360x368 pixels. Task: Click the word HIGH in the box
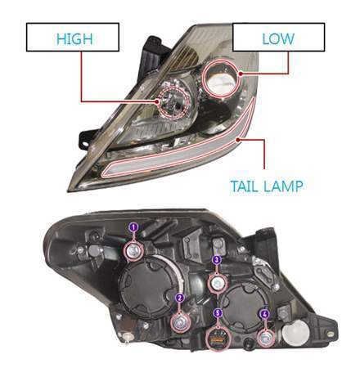(x=74, y=38)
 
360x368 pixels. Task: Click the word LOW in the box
(x=278, y=38)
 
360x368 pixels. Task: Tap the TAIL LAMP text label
(x=267, y=186)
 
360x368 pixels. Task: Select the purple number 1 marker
(x=133, y=227)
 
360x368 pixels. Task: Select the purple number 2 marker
(x=179, y=298)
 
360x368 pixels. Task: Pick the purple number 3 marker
(x=217, y=260)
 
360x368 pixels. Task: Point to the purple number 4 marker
(x=264, y=314)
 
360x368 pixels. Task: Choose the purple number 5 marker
(x=218, y=313)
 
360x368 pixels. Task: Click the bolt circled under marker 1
(x=134, y=251)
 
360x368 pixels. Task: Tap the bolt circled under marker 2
(x=181, y=323)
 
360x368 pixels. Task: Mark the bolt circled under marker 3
(x=218, y=285)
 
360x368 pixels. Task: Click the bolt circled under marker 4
(x=265, y=339)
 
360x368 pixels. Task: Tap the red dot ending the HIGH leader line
(x=157, y=101)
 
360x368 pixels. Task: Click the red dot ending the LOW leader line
(x=241, y=74)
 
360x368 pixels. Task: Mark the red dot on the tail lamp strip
(x=238, y=140)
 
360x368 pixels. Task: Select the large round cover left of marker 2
(x=147, y=288)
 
